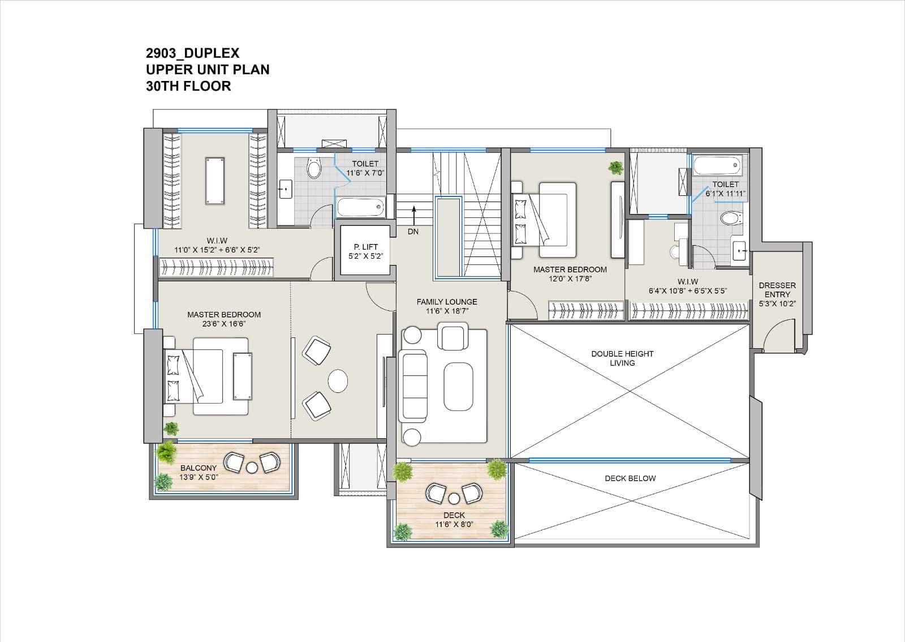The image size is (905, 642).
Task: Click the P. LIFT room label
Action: click(x=365, y=247)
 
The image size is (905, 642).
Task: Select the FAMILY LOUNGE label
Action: click(x=447, y=302)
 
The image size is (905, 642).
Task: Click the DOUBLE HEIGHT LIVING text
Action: click(x=622, y=358)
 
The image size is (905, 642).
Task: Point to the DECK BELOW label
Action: click(x=630, y=478)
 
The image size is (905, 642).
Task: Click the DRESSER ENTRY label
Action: click(x=777, y=290)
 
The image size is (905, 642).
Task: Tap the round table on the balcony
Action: click(x=252, y=468)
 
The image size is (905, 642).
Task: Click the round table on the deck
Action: click(x=454, y=499)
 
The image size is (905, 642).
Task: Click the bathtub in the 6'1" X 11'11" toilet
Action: click(x=717, y=165)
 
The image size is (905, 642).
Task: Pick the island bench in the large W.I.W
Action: click(x=214, y=181)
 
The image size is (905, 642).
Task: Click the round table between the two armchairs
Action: click(x=338, y=381)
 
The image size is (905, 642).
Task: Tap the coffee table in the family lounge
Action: click(x=458, y=387)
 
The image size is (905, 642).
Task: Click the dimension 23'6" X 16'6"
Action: click(x=224, y=324)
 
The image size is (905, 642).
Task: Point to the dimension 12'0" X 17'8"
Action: click(x=570, y=279)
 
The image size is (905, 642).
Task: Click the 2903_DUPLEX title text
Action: click(x=193, y=53)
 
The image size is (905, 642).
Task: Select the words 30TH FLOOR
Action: click(x=188, y=86)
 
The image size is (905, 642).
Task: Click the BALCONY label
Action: click(x=199, y=468)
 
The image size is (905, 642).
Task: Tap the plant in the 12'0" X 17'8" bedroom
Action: click(x=616, y=168)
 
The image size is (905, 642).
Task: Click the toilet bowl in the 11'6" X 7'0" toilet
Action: click(x=314, y=168)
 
